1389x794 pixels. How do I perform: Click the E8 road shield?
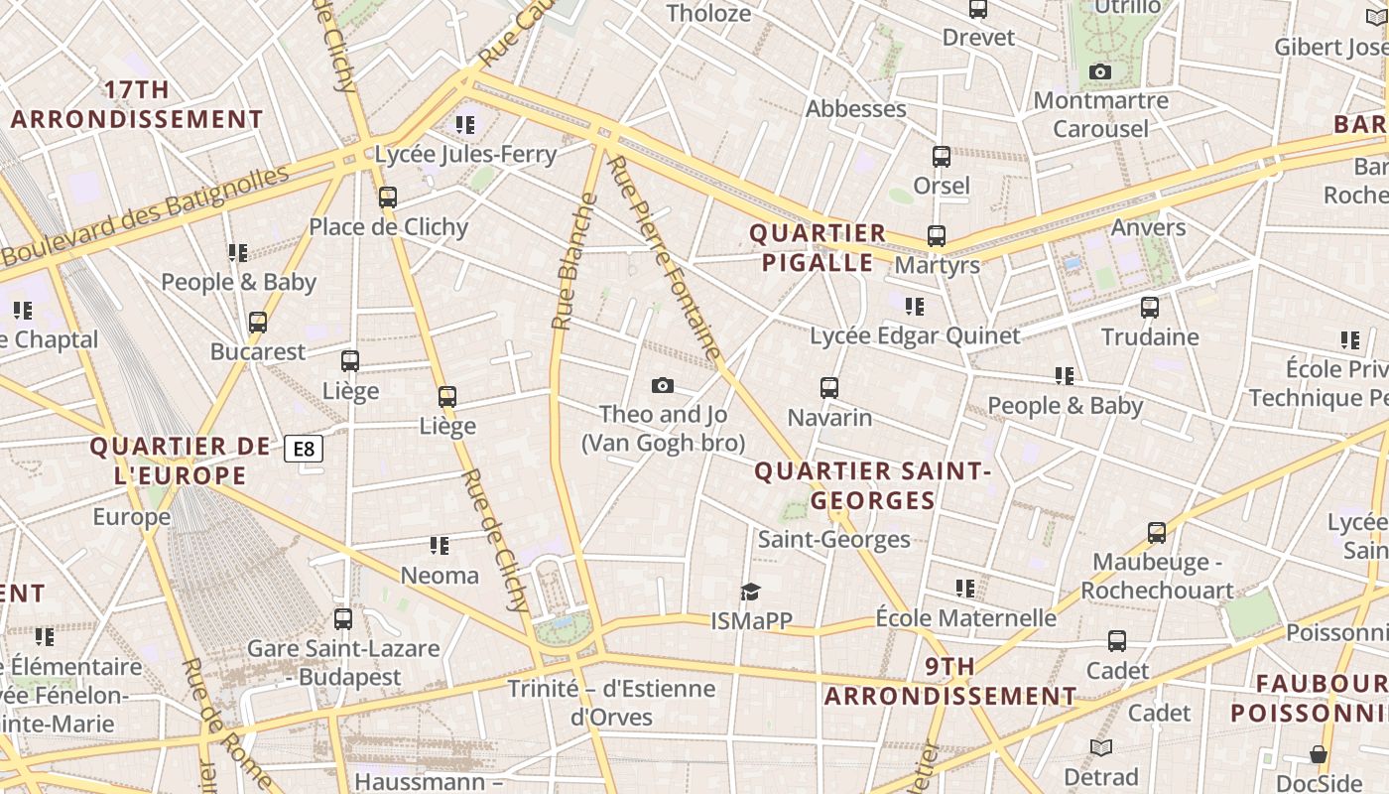coord(305,450)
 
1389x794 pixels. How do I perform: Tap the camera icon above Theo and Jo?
coord(663,385)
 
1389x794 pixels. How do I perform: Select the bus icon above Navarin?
coord(829,388)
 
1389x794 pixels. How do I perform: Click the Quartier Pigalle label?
coord(818,248)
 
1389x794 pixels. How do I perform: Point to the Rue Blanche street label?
coord(575,261)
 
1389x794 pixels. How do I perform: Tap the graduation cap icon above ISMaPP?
coord(751,593)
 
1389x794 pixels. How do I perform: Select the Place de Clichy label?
coord(388,227)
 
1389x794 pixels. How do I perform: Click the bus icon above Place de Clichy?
coord(388,198)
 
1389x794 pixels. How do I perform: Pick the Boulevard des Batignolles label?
coord(145,215)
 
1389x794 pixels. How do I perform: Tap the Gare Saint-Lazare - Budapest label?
coord(343,663)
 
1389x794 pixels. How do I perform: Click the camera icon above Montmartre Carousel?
coord(1099,71)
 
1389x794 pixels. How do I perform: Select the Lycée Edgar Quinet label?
coord(915,335)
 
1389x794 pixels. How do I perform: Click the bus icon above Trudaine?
coord(1150,308)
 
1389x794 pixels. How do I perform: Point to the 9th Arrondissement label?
coord(950,681)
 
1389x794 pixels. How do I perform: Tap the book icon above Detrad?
coord(1101,747)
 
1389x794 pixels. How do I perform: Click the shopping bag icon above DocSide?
coord(1318,755)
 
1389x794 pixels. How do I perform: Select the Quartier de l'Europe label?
coord(180,461)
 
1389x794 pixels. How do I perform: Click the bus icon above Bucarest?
coord(258,323)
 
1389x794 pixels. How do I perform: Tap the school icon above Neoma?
coord(440,546)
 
